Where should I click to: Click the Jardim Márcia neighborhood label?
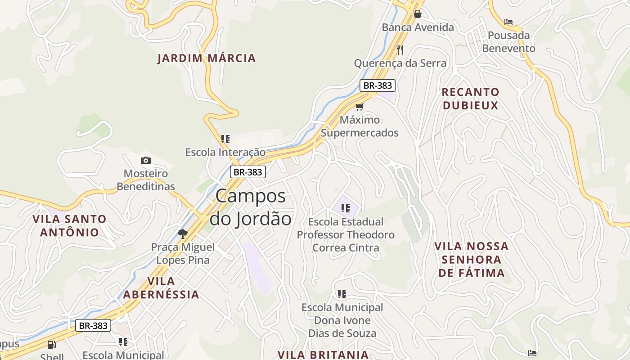207,58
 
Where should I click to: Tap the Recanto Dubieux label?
470,99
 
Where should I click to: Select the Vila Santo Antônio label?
69,225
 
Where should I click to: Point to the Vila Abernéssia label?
161,288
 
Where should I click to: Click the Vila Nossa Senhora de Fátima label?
472,259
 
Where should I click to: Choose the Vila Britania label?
323,354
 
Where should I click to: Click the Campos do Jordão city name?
251,207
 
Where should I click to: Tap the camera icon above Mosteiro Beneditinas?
145,160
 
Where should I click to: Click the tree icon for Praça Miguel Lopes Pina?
183,234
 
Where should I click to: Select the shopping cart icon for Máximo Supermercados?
359,107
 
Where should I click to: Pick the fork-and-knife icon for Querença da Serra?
400,49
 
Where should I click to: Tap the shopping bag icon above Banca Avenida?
418,14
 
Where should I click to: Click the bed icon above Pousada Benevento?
508,22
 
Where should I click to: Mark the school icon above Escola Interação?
225,139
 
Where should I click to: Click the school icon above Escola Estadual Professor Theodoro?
346,208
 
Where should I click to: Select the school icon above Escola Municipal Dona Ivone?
342,294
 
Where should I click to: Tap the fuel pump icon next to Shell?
52,345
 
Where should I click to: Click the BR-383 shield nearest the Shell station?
93,325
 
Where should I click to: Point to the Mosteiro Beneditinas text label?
146,180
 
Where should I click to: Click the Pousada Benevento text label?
509,41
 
